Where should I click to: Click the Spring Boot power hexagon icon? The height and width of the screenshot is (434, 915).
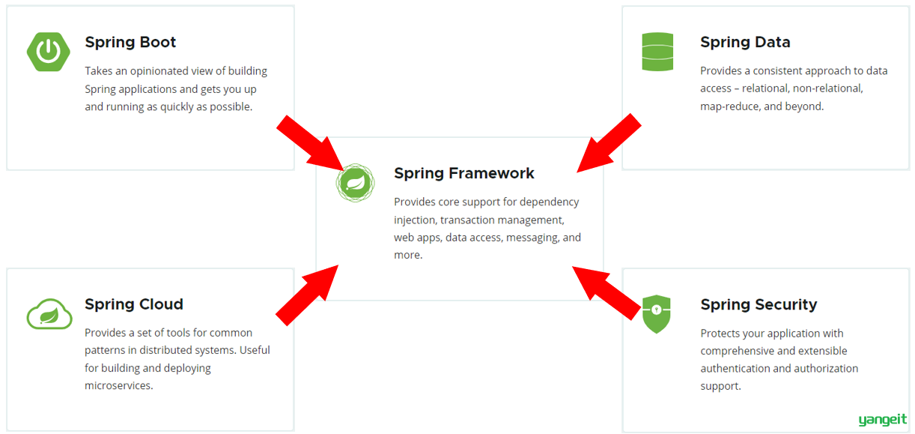coord(49,52)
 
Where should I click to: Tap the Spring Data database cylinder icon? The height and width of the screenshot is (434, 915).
coord(657,52)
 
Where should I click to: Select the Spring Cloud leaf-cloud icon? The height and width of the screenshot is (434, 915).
coord(49,314)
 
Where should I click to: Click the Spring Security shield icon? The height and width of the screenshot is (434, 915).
coord(657,314)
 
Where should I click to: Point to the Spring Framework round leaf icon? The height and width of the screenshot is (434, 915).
coord(356,183)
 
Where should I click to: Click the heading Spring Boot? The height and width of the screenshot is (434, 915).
coord(130,42)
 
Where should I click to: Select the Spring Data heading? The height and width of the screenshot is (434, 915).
coord(745,42)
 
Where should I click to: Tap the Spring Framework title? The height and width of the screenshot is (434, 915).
coord(464,173)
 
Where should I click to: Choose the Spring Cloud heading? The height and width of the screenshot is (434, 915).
coord(134,304)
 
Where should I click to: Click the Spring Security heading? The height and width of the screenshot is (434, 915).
coord(759,305)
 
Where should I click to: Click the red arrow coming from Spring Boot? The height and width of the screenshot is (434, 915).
coord(311,143)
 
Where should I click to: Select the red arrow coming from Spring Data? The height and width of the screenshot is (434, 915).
coord(609,143)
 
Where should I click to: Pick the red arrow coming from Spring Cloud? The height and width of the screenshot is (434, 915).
coord(307,295)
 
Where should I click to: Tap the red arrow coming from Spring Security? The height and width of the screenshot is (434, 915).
coord(607,293)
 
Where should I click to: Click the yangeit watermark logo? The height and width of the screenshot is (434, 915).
coord(882,420)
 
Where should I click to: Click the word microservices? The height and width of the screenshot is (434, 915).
coord(119,386)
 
